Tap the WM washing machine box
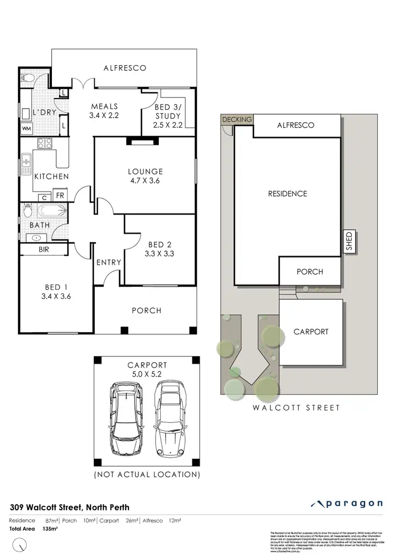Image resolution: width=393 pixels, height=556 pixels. pos(26,129)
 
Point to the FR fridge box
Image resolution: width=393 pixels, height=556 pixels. pos(60,196)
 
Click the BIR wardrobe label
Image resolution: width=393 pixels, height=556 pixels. pos(43,250)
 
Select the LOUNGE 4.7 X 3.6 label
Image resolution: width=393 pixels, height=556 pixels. pos(146,176)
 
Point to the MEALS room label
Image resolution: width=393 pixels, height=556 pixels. pos(105,111)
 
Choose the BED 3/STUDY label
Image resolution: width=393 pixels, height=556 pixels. pos(168,116)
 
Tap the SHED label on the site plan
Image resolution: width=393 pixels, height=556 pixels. pos(348,241)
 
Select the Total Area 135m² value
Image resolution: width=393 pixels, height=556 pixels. pos(49,529)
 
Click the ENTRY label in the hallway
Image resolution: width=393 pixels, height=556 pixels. pos(109,262)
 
